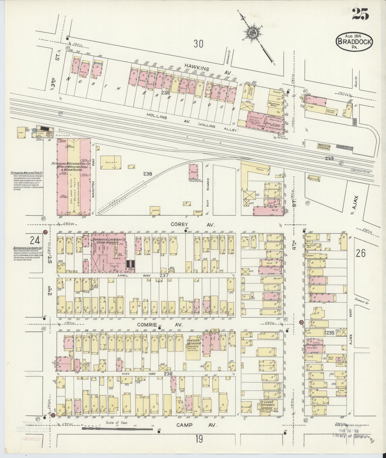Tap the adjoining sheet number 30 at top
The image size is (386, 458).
[x=198, y=44]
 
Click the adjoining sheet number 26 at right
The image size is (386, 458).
[x=361, y=253]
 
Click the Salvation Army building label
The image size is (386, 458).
[x=274, y=105]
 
